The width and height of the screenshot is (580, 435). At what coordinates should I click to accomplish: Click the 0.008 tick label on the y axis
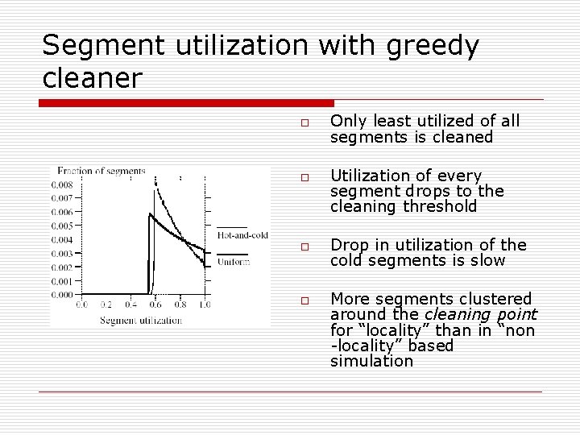coord(64,184)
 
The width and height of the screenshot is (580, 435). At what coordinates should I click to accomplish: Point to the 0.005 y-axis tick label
coord(64,226)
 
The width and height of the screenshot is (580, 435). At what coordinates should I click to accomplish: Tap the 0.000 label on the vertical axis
coord(64,295)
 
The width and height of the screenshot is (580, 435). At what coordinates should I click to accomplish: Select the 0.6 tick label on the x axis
coord(155,305)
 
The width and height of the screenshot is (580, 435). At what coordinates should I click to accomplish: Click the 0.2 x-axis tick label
coord(107,305)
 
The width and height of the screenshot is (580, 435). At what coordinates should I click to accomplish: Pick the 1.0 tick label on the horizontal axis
coord(205,305)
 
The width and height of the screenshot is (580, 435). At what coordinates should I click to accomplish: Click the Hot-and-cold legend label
coord(242,235)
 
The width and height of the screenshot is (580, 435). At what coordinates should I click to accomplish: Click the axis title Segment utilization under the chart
coord(141,320)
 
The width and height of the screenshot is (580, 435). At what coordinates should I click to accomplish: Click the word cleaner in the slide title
coord(92,78)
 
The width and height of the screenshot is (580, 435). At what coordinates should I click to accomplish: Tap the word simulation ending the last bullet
coord(371,361)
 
